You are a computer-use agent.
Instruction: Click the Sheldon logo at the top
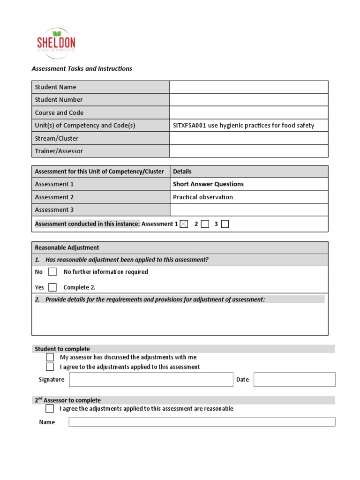(56, 43)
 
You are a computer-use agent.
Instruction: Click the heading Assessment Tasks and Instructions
(82, 68)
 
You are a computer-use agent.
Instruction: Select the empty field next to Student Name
(248, 87)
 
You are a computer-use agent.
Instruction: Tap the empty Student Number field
(248, 100)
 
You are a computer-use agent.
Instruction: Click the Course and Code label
(59, 113)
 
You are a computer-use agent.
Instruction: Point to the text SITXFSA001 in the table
(189, 126)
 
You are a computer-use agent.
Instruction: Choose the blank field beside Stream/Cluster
(248, 138)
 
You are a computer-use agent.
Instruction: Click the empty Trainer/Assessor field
(248, 151)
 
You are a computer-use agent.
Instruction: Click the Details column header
(182, 172)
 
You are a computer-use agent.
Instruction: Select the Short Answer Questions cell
(208, 184)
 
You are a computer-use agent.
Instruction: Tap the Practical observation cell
(202, 197)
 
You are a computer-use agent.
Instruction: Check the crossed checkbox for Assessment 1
(184, 224)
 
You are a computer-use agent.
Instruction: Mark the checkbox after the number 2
(205, 224)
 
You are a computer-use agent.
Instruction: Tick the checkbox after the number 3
(225, 224)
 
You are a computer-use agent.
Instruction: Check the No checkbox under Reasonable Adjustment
(52, 272)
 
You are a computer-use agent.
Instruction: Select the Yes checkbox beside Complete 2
(52, 287)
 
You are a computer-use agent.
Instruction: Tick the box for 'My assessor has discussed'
(50, 357)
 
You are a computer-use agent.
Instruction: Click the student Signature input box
(151, 380)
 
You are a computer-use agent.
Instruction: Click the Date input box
(294, 380)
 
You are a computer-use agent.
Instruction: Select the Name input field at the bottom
(202, 422)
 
